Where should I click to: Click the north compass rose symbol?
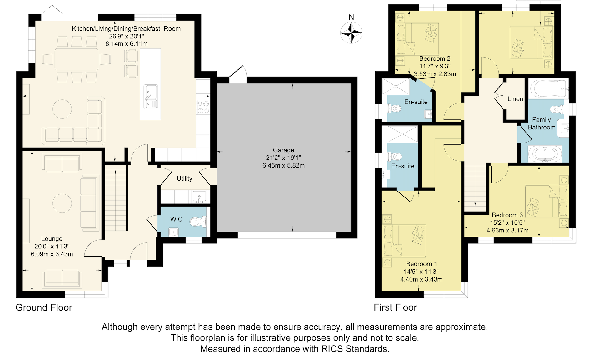[x=351, y=32]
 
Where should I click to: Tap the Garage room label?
[x=283, y=150]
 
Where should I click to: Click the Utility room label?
[x=184, y=178]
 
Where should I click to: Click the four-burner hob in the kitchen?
[x=203, y=107]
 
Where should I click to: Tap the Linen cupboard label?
[x=515, y=99]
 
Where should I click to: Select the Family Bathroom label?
[x=542, y=123]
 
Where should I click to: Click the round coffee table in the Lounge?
[x=62, y=203]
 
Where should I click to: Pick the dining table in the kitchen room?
[x=77, y=59]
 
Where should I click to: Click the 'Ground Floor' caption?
[x=44, y=307]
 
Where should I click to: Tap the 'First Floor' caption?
[x=395, y=307]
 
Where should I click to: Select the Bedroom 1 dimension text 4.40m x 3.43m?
[x=421, y=279]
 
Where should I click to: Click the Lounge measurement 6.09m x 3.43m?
[x=52, y=254]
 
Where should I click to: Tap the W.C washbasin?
[x=173, y=232]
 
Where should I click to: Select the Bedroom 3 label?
[x=507, y=215]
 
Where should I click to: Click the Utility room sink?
[x=199, y=197]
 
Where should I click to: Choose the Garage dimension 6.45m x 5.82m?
[x=283, y=165]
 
